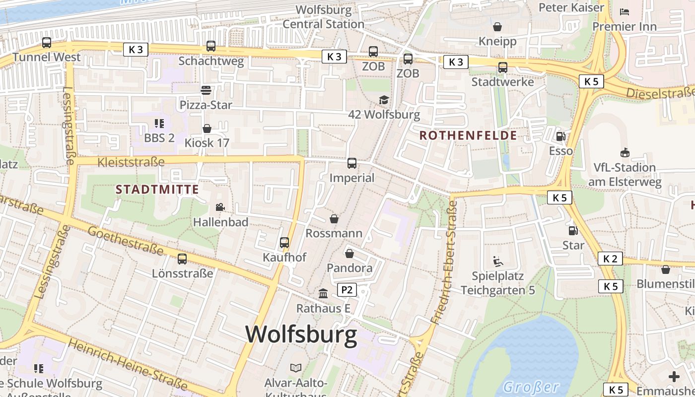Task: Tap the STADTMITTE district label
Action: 157,189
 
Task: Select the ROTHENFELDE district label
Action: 468,135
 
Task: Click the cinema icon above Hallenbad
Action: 220,207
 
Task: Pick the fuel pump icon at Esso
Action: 560,136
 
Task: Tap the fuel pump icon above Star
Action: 573,230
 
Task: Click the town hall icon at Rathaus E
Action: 323,293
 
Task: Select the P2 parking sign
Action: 347,290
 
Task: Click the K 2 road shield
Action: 610,259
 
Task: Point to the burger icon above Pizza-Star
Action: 206,90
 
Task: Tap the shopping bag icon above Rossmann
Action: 334,219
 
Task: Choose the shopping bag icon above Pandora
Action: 349,254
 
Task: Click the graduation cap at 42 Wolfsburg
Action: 384,100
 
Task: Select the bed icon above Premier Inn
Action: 625,11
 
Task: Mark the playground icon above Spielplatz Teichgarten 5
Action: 498,261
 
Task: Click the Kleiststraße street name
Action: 131,162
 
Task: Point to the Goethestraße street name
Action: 126,240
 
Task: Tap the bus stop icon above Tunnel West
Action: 47,43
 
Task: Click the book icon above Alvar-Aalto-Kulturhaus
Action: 296,368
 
